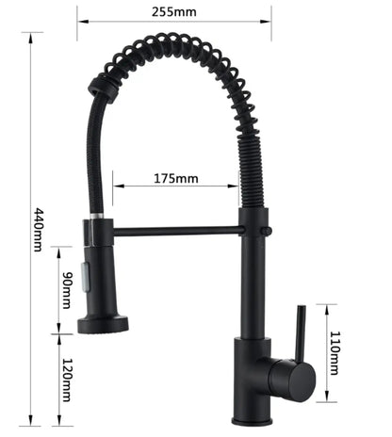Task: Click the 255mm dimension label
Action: click(x=174, y=12)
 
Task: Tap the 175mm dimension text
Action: click(x=176, y=179)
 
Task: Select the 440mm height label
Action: click(x=38, y=230)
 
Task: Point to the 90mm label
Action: click(x=67, y=290)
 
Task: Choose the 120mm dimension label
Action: click(x=67, y=380)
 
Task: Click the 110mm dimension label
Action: click(x=334, y=353)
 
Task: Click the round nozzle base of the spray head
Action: click(x=103, y=325)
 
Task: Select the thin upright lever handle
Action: click(x=300, y=333)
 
